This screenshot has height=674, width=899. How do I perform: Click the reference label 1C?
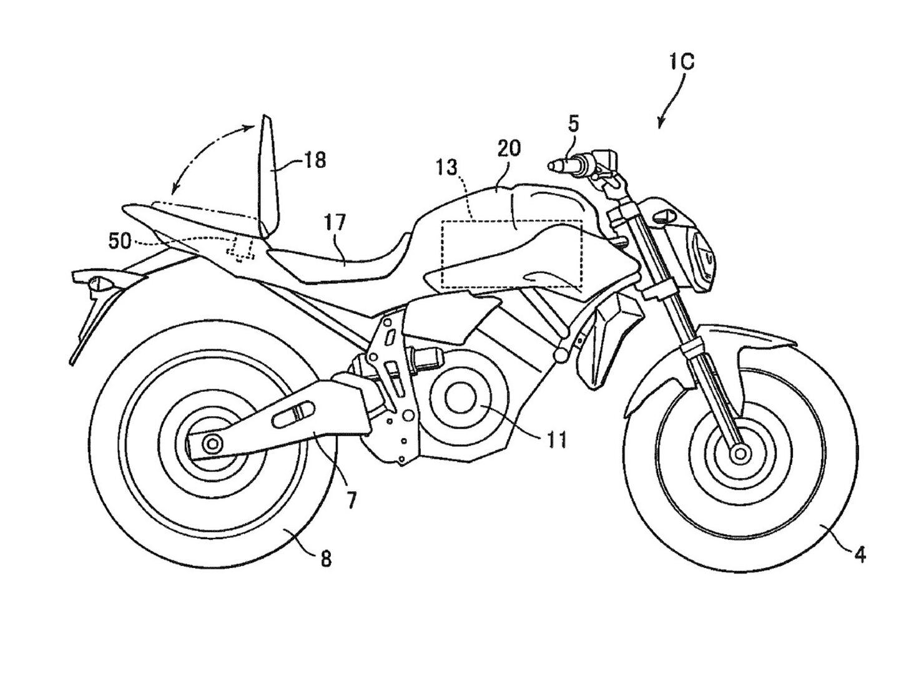coord(683,62)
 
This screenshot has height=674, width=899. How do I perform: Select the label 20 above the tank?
coord(509,149)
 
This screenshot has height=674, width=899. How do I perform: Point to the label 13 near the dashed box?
coord(447,167)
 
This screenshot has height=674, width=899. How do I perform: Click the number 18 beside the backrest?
coord(315,160)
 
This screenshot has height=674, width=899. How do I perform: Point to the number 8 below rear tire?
coord(325,559)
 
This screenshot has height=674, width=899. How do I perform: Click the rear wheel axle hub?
coord(212,444)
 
